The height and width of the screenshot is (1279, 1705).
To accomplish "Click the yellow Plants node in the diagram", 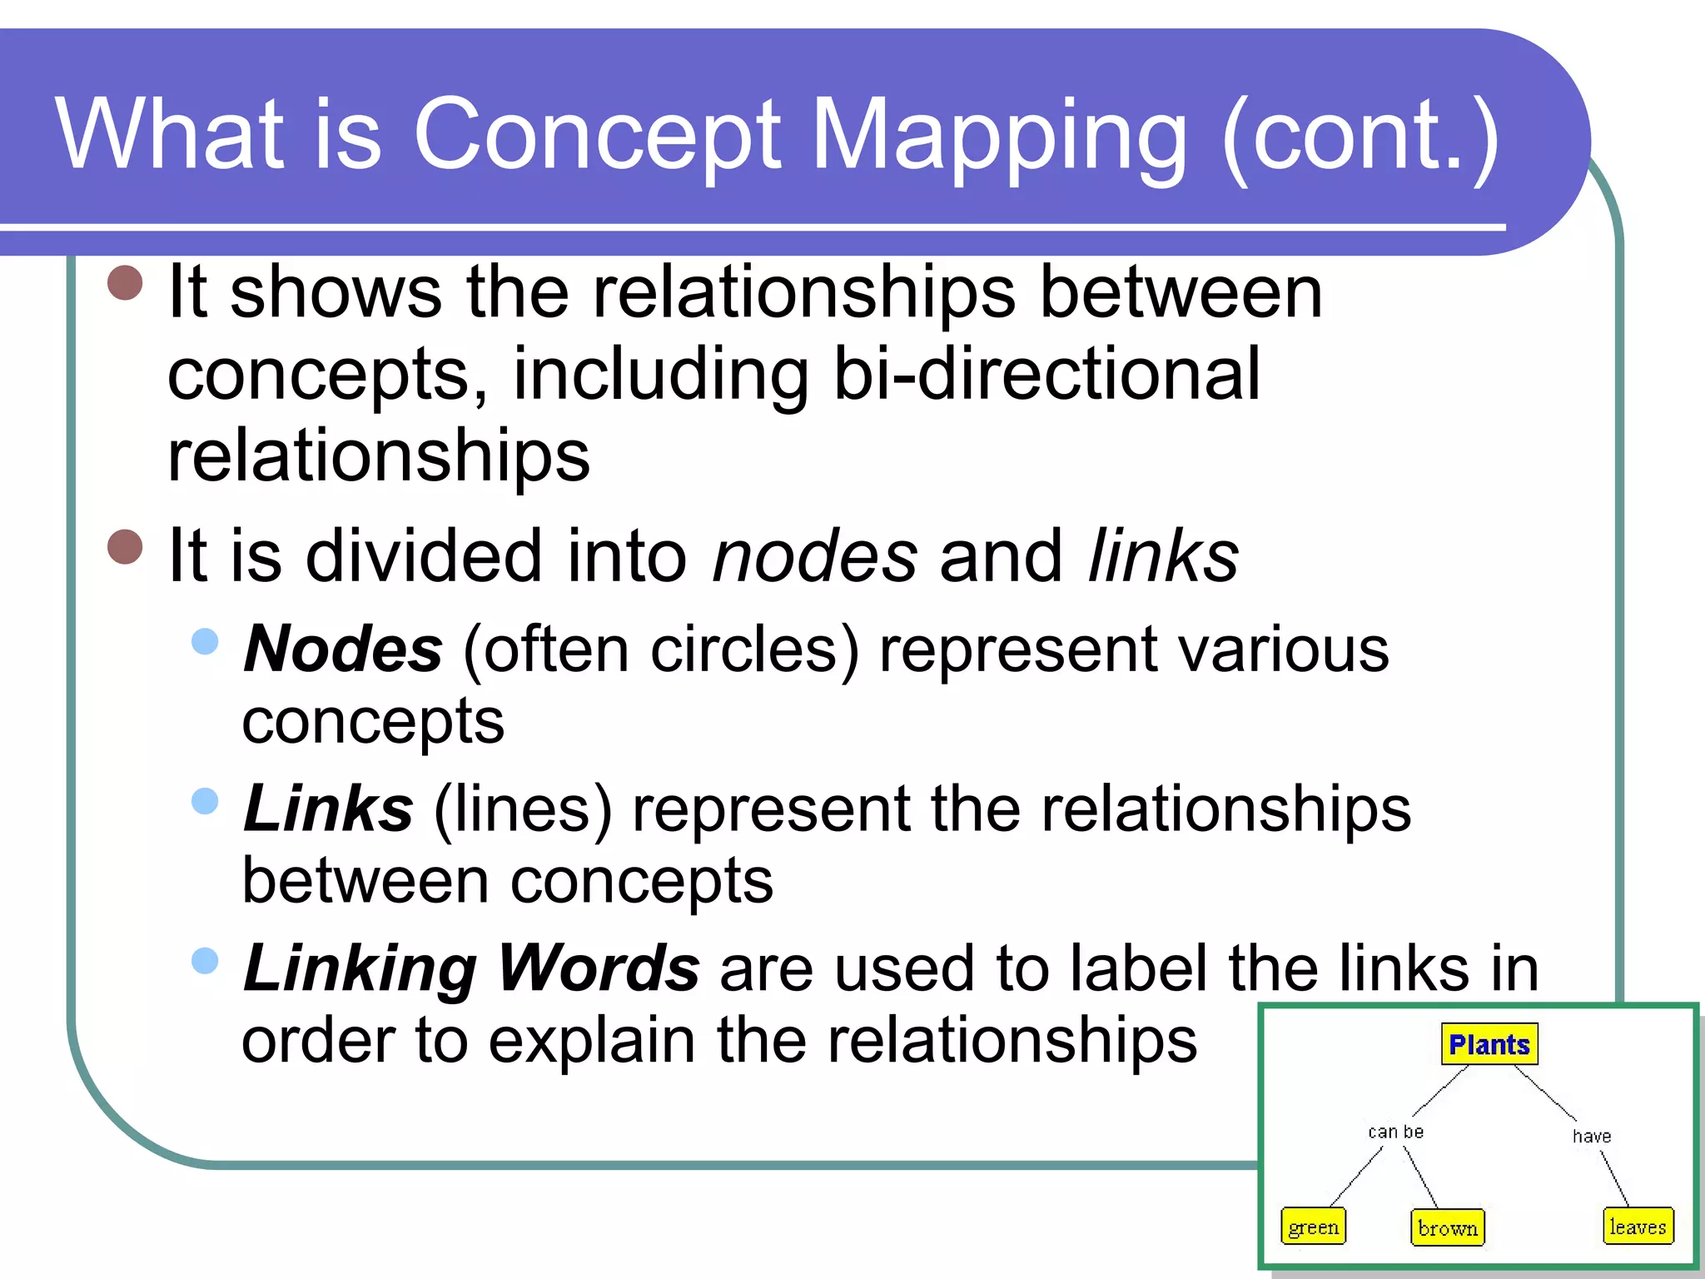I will [1489, 1044].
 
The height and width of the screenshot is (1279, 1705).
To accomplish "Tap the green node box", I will [1313, 1227].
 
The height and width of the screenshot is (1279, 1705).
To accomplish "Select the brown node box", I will [1447, 1227].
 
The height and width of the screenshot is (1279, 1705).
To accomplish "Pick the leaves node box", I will [1638, 1227].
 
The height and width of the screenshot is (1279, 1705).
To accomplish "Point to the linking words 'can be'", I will [1395, 1132].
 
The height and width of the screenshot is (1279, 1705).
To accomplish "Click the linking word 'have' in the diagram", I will [1591, 1136].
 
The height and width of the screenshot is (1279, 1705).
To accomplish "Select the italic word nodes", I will [814, 556].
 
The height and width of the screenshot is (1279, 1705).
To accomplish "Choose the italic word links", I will [1163, 556].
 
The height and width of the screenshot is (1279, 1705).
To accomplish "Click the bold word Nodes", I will [343, 649].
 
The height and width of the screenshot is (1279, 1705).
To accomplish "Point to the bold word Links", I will [328, 809].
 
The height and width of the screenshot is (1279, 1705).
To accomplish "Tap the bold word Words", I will [598, 968].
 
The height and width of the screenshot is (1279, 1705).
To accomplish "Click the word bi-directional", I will [1046, 375].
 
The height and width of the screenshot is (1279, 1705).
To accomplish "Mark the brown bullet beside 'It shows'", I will [126, 282].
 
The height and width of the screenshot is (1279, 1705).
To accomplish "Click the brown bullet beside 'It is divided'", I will [126, 547].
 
